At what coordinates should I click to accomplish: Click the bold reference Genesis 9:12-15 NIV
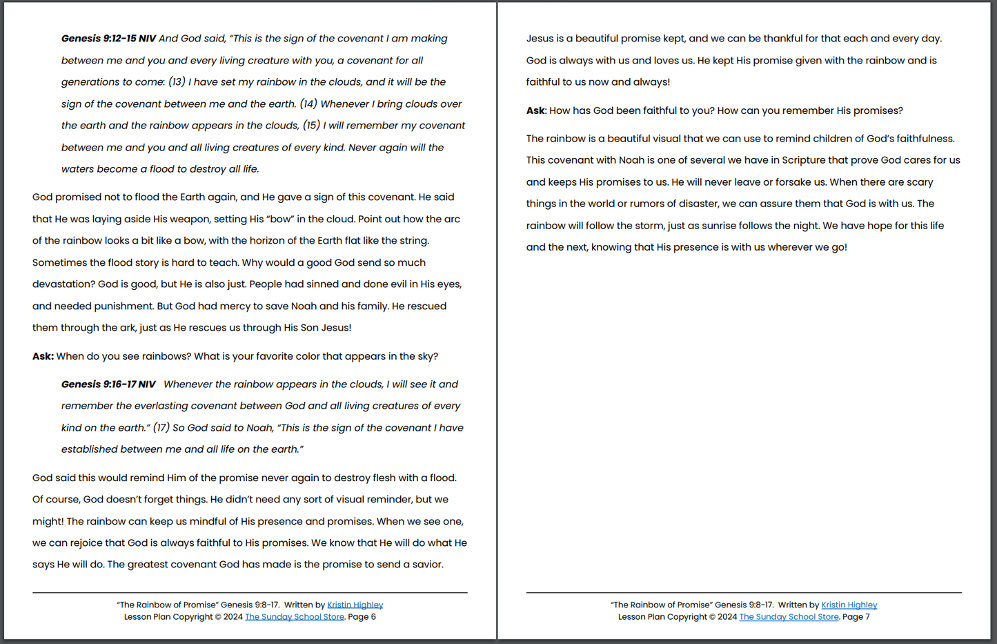108,39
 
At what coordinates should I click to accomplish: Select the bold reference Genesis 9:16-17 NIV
108,384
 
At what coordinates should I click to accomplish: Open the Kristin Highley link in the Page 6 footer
355,605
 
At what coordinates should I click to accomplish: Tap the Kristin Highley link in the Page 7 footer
849,605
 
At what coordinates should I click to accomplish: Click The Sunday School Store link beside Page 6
295,617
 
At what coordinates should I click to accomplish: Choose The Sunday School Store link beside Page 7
789,617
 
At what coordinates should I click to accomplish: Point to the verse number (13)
177,82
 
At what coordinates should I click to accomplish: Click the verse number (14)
308,104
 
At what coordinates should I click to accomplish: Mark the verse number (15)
312,126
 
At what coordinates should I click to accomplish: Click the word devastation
63,284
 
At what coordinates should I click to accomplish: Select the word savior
425,565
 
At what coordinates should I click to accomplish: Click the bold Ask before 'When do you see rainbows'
43,357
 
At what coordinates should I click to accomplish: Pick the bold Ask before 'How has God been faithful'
535,111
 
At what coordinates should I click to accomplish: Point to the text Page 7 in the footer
856,617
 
